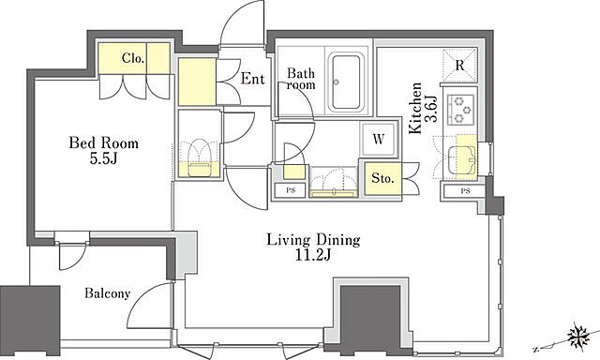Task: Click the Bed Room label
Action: (x=104, y=143)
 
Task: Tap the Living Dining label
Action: (x=313, y=240)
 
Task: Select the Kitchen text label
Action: (x=415, y=109)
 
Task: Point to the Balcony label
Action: (x=108, y=293)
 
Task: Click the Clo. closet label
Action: (x=133, y=58)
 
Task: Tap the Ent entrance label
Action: (x=252, y=79)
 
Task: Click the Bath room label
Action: (x=301, y=79)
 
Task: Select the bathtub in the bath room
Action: (x=346, y=82)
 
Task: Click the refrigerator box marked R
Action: (x=459, y=66)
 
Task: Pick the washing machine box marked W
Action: (x=379, y=140)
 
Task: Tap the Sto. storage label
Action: (x=382, y=178)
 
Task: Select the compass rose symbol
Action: (x=578, y=337)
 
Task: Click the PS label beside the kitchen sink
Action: (x=465, y=191)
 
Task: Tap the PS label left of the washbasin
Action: (x=291, y=190)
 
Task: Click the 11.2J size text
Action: (x=312, y=255)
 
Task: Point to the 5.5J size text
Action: (x=103, y=158)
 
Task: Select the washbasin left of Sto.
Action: (x=334, y=183)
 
